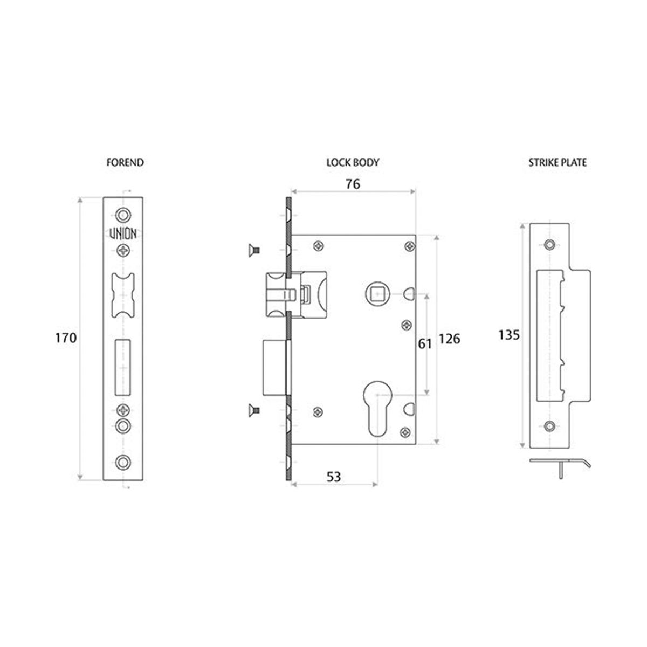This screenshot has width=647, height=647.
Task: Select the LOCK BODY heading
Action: coord(353,162)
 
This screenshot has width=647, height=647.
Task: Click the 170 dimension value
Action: coord(66,338)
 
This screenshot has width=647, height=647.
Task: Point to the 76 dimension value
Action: coord(352,184)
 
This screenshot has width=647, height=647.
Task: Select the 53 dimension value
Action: coord(334,477)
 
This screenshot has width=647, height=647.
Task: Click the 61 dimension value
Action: coord(425,344)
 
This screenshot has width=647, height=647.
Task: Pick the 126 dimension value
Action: coord(449,340)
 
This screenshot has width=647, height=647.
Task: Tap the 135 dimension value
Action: coord(508,335)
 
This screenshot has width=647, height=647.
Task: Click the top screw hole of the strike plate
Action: coord(549,245)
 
